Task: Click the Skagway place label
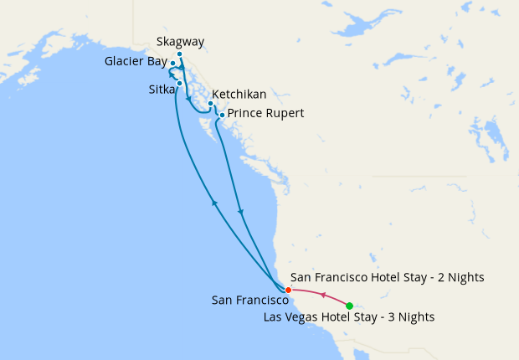point(180,42)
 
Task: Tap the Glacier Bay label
point(136,62)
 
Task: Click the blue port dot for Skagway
point(180,54)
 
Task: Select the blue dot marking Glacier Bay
point(173,64)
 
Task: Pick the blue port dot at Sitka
point(180,83)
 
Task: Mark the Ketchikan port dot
point(210,104)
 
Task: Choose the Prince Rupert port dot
point(222,115)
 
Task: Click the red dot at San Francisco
point(288,291)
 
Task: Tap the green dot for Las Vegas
point(349,306)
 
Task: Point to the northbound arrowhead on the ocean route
point(214,203)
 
